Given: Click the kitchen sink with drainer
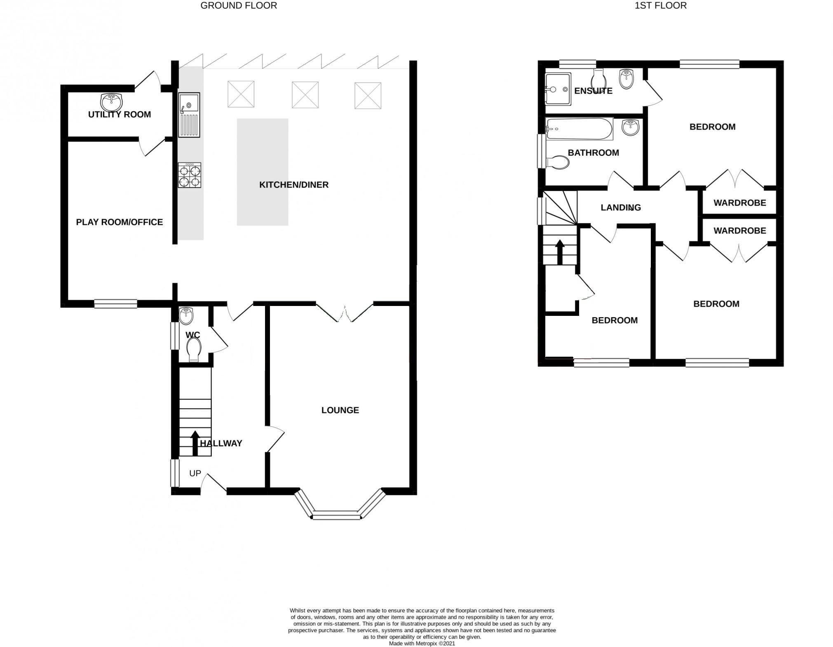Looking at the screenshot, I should point(189,115).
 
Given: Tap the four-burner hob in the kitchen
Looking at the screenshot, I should point(190,175).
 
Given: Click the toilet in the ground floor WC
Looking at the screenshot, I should point(193,349).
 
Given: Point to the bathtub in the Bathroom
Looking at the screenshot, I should point(579,129).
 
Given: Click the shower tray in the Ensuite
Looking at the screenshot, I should point(558,89).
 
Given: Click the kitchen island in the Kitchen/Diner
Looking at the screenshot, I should point(263,172).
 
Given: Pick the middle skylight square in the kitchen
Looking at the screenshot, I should point(305,95).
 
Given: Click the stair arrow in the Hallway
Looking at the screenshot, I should point(195,442).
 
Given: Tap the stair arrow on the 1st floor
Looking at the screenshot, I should point(560,252).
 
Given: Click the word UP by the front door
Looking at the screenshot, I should point(195,473).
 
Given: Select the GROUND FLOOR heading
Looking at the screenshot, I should point(239,5).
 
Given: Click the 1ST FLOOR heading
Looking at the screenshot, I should point(661,5).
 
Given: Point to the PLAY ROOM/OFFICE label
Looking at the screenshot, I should point(120,222).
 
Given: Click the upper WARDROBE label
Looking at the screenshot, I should point(740,202).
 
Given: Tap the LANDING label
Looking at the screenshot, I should point(621,207).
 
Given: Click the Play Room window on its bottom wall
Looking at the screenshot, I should point(115,304).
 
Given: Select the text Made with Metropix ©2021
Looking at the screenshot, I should point(422,643).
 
